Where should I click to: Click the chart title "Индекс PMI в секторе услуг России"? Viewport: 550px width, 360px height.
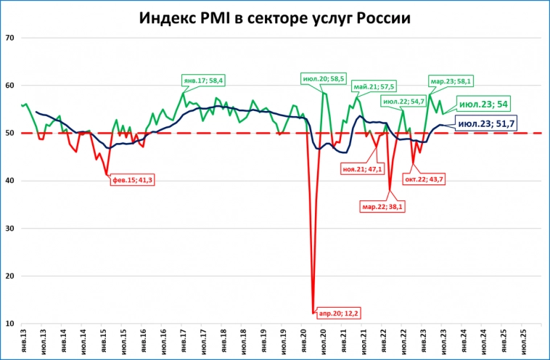click(275, 17)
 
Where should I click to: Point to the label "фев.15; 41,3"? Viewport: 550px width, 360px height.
click(133, 179)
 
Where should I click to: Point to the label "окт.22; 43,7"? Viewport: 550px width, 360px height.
click(430, 179)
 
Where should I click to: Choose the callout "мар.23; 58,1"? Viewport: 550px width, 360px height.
click(452, 81)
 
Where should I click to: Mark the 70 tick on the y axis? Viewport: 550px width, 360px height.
click(12, 38)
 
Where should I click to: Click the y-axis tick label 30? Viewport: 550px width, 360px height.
click(12, 229)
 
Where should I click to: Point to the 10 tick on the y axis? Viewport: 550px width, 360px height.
click(12, 324)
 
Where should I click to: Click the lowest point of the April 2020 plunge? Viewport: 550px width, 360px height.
click(313, 313)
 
